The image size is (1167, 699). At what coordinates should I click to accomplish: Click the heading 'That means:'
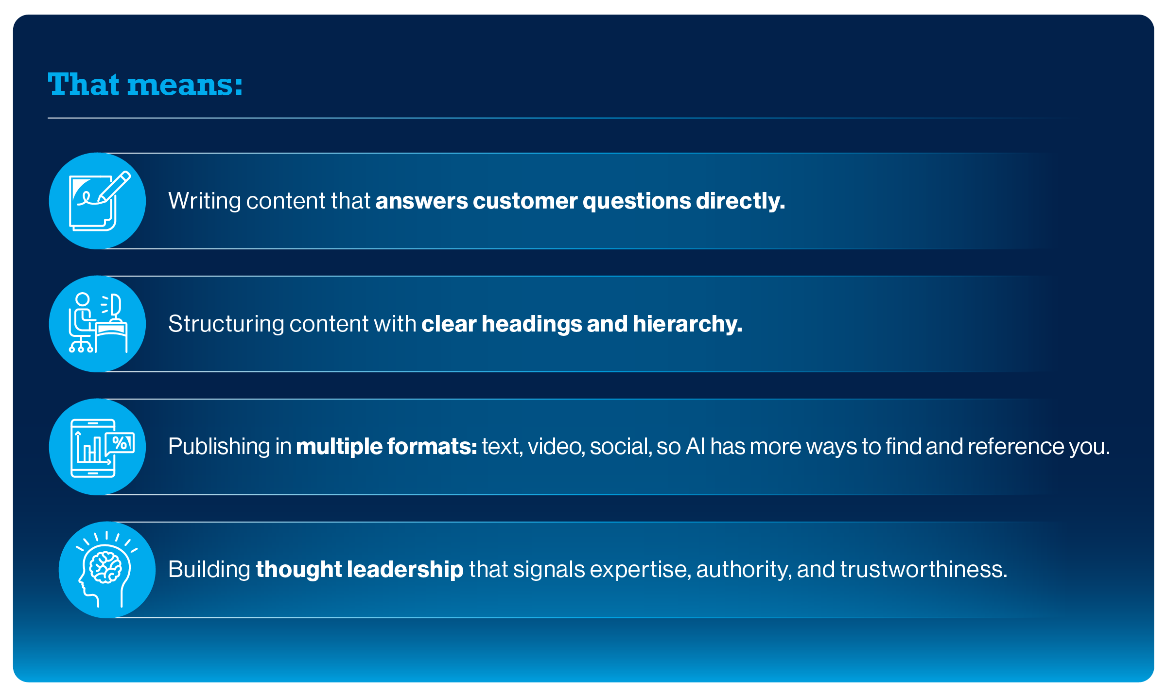pyautogui.click(x=145, y=85)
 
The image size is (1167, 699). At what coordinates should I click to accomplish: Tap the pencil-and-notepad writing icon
pyautogui.click(x=98, y=201)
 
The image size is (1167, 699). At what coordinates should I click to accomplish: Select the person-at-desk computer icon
pyautogui.click(x=98, y=324)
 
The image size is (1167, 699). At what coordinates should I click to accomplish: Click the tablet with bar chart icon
pyautogui.click(x=98, y=447)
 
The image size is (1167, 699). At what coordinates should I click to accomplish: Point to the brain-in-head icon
pyautogui.click(x=106, y=570)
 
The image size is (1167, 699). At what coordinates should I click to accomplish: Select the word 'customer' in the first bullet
pyautogui.click(x=525, y=201)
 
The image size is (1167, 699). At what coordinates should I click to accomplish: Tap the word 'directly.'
pyautogui.click(x=740, y=201)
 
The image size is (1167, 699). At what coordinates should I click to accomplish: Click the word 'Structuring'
pyautogui.click(x=226, y=324)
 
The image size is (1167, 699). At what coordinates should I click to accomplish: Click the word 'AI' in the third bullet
pyautogui.click(x=695, y=447)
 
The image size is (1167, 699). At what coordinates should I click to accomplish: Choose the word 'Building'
pyautogui.click(x=209, y=570)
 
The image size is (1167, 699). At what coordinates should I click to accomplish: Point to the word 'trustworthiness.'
pyautogui.click(x=923, y=570)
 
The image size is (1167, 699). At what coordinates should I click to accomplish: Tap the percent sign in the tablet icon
pyautogui.click(x=120, y=443)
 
